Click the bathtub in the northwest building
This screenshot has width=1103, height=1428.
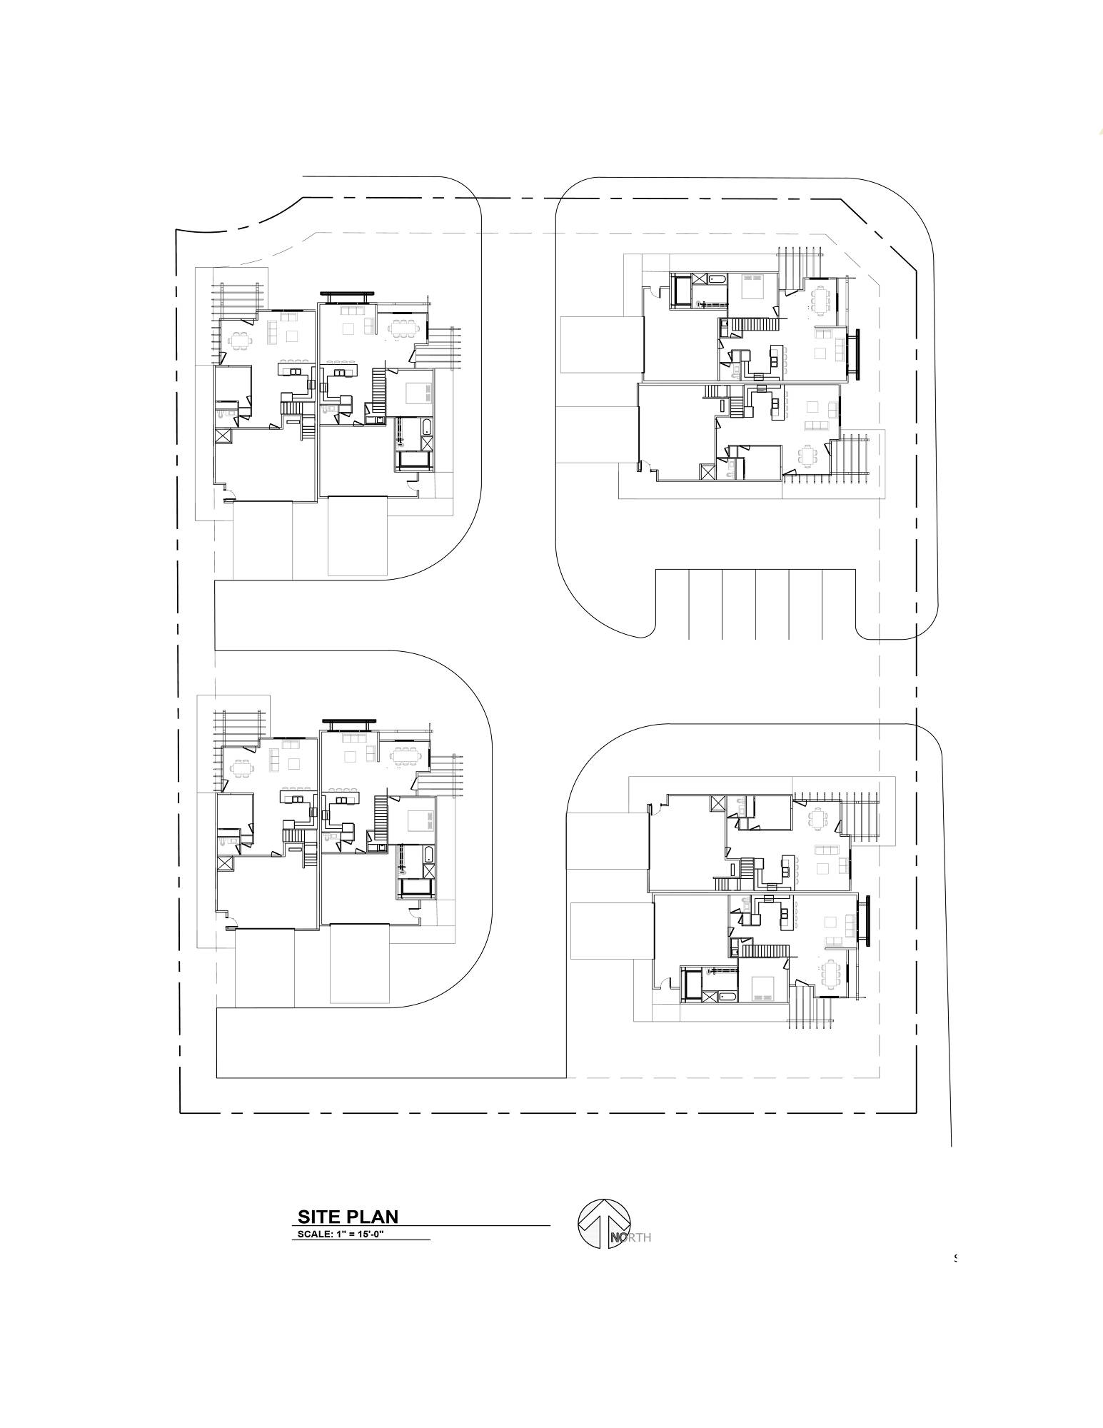(x=425, y=428)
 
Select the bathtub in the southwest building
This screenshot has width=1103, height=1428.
(x=428, y=855)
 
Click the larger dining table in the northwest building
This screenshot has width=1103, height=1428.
(x=404, y=327)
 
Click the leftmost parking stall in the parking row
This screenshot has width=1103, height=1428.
(x=673, y=604)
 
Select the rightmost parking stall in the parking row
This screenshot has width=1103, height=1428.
(x=839, y=604)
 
